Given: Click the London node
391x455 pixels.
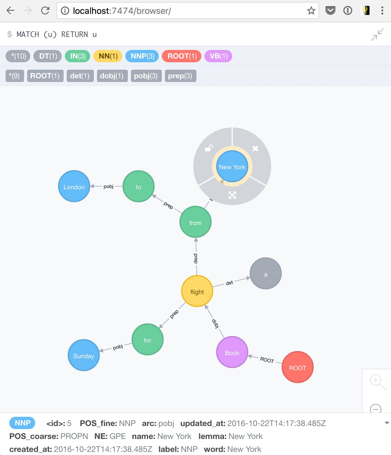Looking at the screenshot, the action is pos(74,186).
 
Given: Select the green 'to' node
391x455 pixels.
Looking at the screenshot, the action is pos(138,186).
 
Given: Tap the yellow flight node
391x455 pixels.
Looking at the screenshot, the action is pos(197,291).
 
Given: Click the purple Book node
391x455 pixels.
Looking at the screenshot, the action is pos(232,352).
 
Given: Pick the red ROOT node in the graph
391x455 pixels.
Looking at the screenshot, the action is pos(297,367).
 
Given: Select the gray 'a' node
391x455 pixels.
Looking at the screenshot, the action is pos(266,273).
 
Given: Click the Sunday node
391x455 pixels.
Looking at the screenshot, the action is pos(84,355).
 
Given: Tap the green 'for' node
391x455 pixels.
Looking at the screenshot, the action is pos(148,339).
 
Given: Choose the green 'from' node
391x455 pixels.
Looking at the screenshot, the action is pos(195,222).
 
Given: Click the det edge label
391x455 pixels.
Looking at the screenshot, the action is pos(229,283).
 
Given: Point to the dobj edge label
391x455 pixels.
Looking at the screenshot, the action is pos(216,324).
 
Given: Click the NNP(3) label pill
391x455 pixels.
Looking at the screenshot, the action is pos(142,56).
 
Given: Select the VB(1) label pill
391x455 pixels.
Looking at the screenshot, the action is pos(218,56).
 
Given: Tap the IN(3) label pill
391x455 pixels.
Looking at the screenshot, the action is pos(78,56).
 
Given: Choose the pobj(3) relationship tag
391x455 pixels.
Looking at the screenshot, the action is pos(146,76).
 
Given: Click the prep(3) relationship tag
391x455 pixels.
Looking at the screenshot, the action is pos(180,76).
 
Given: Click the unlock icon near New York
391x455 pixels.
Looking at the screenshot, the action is pos(209,148).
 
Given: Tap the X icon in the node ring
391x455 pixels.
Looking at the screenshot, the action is pos(255,149).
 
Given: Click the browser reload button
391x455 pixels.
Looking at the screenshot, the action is pos(45,10).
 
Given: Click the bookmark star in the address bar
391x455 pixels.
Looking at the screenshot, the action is pos(311,10).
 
